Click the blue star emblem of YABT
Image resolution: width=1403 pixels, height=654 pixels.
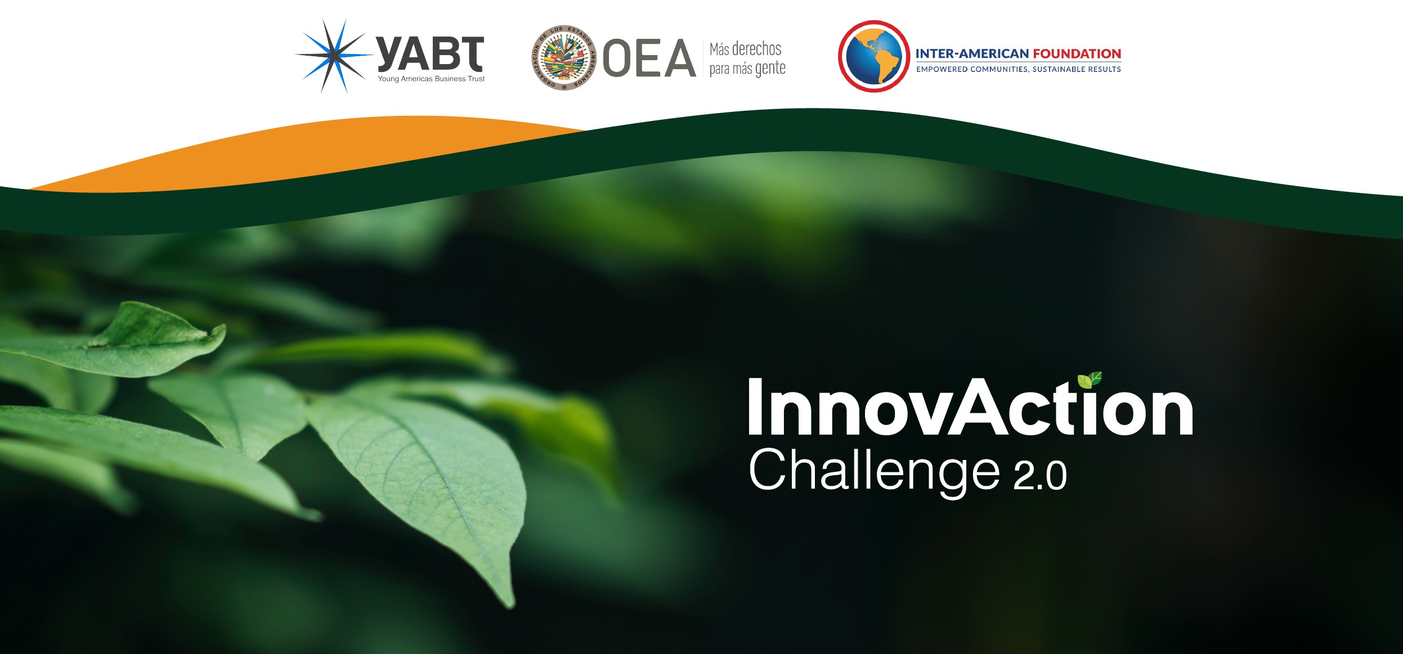pos(334,56)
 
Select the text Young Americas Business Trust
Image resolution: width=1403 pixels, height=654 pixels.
pos(431,79)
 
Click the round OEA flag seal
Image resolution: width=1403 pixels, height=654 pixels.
pos(564,57)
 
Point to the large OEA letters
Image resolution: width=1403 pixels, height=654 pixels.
pos(649,58)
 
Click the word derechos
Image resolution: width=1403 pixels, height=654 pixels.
pos(756,49)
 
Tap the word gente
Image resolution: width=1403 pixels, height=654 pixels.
pos(770,69)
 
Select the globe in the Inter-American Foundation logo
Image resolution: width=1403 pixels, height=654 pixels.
pos(873,56)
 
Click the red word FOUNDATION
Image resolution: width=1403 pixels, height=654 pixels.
pos(1077,53)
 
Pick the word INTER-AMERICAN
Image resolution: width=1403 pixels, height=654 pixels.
pos(972,53)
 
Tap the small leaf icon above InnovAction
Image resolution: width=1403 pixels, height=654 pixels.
pos(1090,380)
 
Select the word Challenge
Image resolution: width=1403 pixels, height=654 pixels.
pos(874,471)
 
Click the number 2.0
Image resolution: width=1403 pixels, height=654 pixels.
pos(1040,476)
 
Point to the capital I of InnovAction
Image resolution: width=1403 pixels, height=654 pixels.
pos(755,406)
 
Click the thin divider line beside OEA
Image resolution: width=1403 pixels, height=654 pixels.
pos(703,57)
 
